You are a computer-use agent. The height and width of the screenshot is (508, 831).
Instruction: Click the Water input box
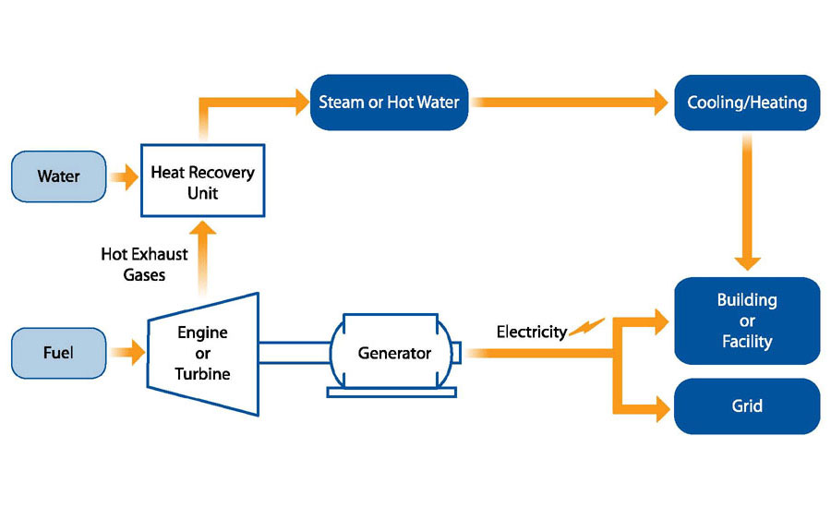tap(58, 175)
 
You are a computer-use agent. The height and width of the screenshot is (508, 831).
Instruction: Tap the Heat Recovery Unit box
tap(202, 182)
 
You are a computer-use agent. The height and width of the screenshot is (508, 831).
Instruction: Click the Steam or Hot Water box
tap(388, 102)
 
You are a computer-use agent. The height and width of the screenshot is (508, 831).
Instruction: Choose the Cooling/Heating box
tap(746, 102)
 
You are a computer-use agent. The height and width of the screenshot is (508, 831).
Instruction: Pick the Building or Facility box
tap(746, 321)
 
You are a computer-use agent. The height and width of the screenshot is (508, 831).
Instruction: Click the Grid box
tap(746, 405)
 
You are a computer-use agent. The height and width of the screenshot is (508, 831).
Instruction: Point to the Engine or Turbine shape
tap(202, 352)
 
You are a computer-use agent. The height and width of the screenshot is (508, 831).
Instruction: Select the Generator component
tap(394, 352)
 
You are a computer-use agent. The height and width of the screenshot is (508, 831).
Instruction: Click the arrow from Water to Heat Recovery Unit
tap(122, 175)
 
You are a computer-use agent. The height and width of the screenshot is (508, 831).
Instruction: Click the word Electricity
tap(531, 332)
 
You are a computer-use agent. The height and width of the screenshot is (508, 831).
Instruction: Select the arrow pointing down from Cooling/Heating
tap(746, 203)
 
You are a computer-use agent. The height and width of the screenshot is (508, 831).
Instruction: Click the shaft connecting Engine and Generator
tap(294, 352)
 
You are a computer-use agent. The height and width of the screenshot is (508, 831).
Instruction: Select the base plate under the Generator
tap(391, 392)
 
